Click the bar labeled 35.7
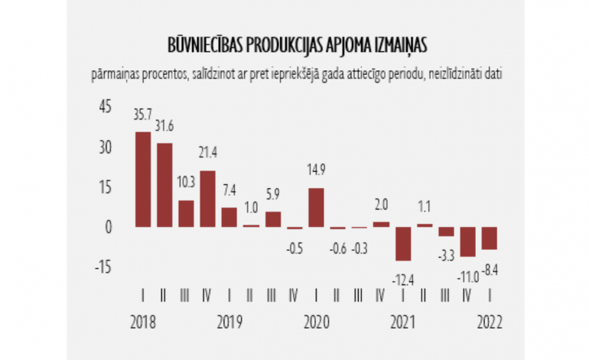[x=142, y=180]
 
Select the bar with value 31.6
[x=164, y=185]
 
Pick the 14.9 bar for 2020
[x=316, y=208]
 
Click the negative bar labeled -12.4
[x=402, y=244]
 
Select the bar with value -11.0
[x=467, y=242]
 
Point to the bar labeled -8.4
[x=489, y=238]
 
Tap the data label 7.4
[x=229, y=190]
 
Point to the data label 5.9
[x=272, y=193]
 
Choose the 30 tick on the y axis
[x=101, y=147]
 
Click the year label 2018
[x=142, y=322]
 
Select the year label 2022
[x=489, y=322]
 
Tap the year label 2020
[x=316, y=322]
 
